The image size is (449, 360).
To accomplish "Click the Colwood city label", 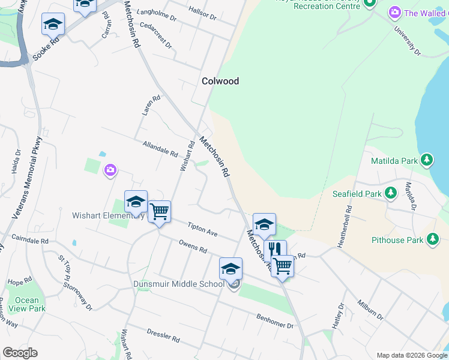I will pos(220,81).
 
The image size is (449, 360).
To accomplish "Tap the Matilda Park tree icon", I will pos(427,160).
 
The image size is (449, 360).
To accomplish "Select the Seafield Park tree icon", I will pos(391,193).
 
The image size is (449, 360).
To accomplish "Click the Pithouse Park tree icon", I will pos(432,240).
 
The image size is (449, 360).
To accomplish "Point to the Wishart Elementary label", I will pos(107,215).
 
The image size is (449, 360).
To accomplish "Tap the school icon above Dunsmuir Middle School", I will pos(231,268).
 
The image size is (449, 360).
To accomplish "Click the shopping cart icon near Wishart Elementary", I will pos(159,211).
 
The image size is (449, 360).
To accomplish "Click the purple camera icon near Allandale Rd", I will pos(110,171).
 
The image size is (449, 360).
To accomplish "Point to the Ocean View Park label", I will pos(27,304).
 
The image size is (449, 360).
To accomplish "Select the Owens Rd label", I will pos(192,246).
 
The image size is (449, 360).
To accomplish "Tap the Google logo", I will pos(20,352).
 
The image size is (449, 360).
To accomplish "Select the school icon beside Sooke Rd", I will pos(53,25).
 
